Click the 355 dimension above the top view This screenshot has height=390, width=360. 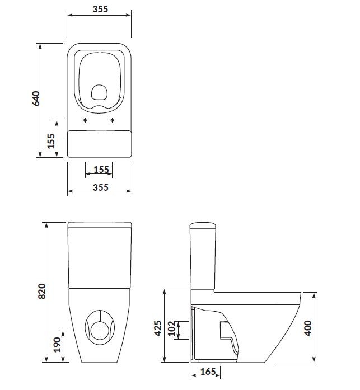pos(99,10)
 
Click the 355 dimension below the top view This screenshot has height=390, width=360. pos(100,187)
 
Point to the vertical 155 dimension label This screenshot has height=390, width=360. pos(51,142)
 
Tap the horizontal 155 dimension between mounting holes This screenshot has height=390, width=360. pos(99,169)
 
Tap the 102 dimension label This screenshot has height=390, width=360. pos(171,330)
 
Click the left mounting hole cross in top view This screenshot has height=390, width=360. pos(85,120)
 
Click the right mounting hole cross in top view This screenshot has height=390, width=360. pos(113,120)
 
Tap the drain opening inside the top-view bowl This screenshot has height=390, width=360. pos(99,92)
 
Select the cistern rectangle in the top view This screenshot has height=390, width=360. pos(99,144)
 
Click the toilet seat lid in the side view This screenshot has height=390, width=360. pos(258,293)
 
